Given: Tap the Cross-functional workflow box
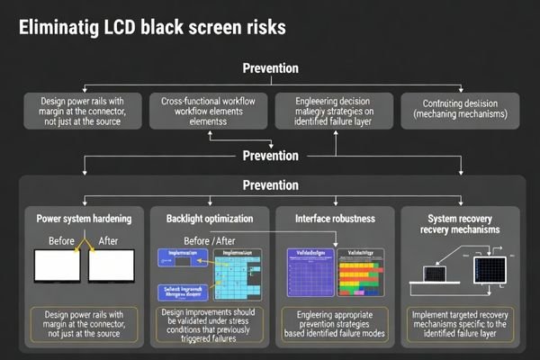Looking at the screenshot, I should (210, 109).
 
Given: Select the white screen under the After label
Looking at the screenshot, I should (111, 267).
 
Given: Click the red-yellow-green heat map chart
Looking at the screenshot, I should (367, 274).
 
